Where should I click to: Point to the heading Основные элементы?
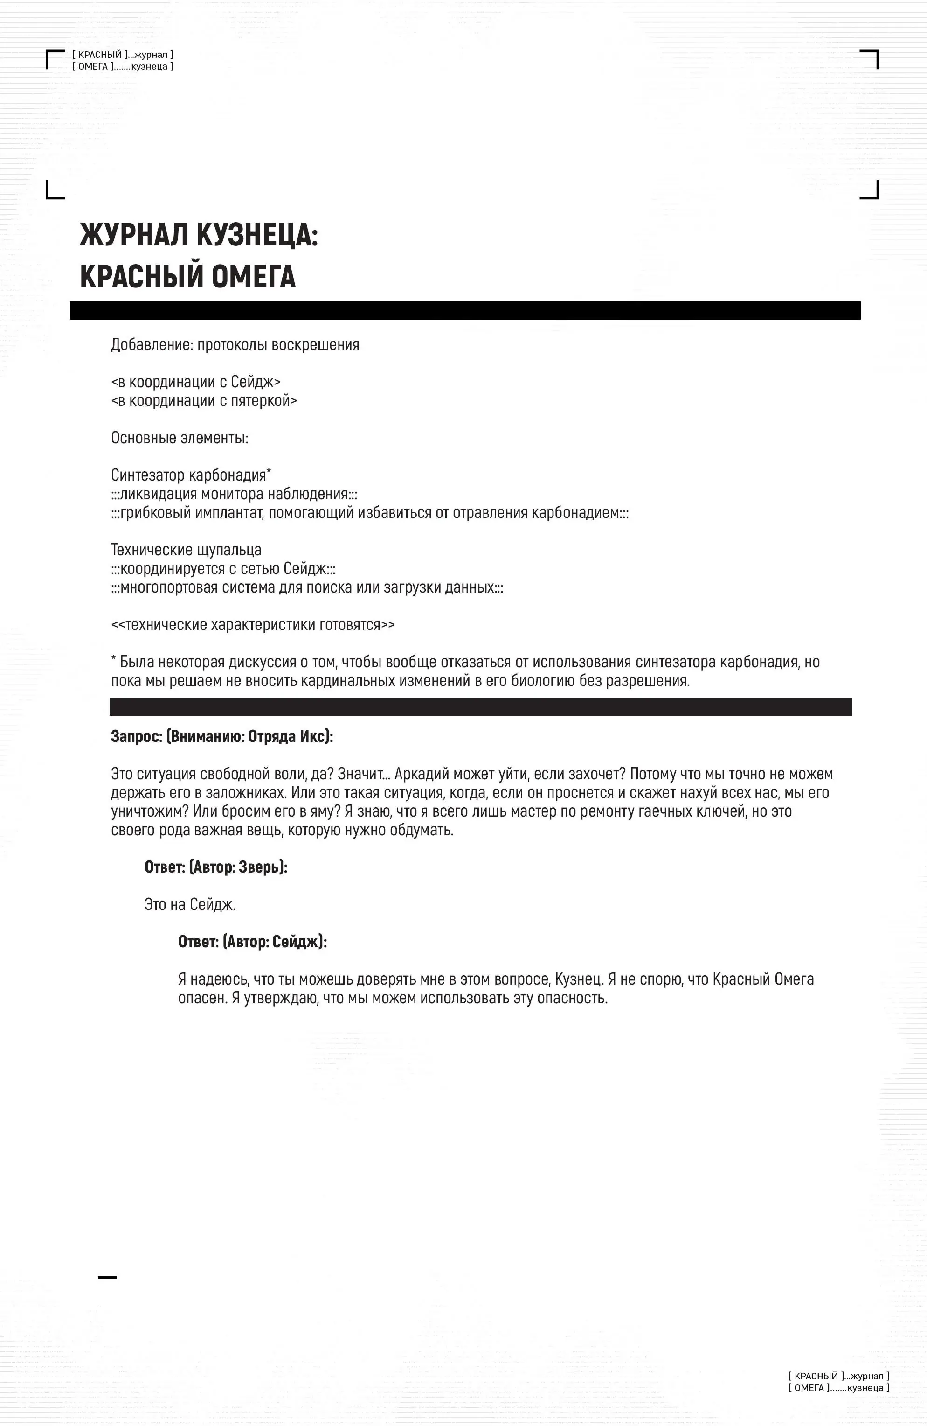click(180, 438)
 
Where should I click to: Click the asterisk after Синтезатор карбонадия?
click(269, 473)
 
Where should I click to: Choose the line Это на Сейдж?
click(190, 904)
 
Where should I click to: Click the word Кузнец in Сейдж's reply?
click(578, 979)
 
